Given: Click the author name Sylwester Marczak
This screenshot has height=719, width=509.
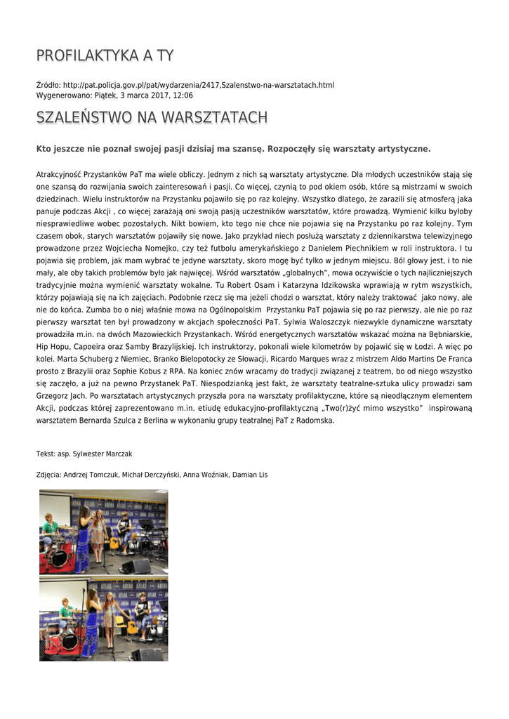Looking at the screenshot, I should pos(103,454).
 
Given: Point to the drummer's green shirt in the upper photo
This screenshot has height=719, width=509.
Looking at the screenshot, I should pos(51,527).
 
